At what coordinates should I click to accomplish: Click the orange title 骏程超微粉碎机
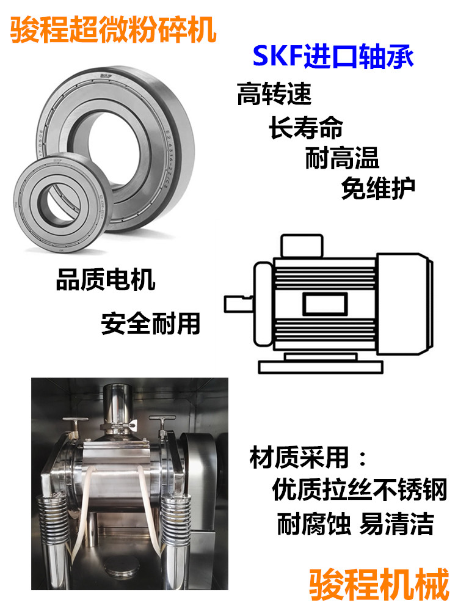pyautogui.click(x=113, y=29)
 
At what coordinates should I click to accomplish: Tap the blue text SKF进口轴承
pyautogui.click(x=333, y=56)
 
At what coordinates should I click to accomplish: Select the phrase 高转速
pyautogui.click(x=274, y=93)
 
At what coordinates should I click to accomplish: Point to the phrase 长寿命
pyautogui.click(x=306, y=127)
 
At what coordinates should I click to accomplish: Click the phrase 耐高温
pyautogui.click(x=342, y=158)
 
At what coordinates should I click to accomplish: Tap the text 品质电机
pyautogui.click(x=106, y=279)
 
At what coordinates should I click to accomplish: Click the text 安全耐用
pyautogui.click(x=151, y=323)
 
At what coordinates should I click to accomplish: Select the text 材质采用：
pyautogui.click(x=308, y=458)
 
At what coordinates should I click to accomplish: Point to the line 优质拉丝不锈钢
pyautogui.click(x=360, y=489)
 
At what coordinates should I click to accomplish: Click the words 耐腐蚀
pyautogui.click(x=314, y=524)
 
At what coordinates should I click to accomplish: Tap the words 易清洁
pyautogui.click(x=396, y=524)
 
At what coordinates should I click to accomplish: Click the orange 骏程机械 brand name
pyautogui.click(x=379, y=584)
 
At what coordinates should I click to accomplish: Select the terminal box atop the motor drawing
pyautogui.click(x=302, y=246)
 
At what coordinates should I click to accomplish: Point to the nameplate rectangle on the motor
pyautogui.click(x=325, y=304)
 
